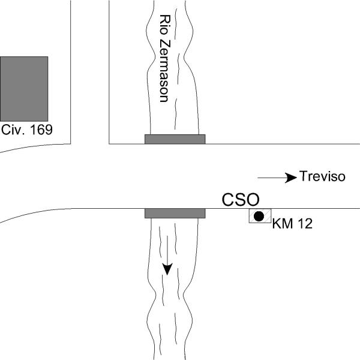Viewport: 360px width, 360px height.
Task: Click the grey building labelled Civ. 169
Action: pos(24,89)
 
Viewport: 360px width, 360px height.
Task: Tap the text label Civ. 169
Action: pos(27,130)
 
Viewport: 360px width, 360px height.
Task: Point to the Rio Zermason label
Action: pos(165,58)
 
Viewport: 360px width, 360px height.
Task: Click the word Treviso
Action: pos(322,176)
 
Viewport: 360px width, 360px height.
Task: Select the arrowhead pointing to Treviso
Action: pos(291,178)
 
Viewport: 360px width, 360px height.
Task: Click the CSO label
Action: pos(241,200)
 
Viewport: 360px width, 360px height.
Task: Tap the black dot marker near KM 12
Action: pos(259,216)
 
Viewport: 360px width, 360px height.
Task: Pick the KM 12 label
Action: pos(292,223)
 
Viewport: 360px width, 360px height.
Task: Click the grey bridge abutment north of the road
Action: pos(175,139)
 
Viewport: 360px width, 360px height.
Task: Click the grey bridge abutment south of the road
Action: pos(175,213)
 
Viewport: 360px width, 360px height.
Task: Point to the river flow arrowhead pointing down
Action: pos(167,269)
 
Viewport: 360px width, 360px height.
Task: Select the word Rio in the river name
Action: pos(165,25)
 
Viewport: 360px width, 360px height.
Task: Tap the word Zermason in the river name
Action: pos(165,71)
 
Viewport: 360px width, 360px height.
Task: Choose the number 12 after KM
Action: pos(305,223)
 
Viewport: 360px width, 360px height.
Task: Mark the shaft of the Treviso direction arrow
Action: pos(272,178)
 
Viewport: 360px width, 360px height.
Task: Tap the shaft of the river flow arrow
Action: pos(167,250)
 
